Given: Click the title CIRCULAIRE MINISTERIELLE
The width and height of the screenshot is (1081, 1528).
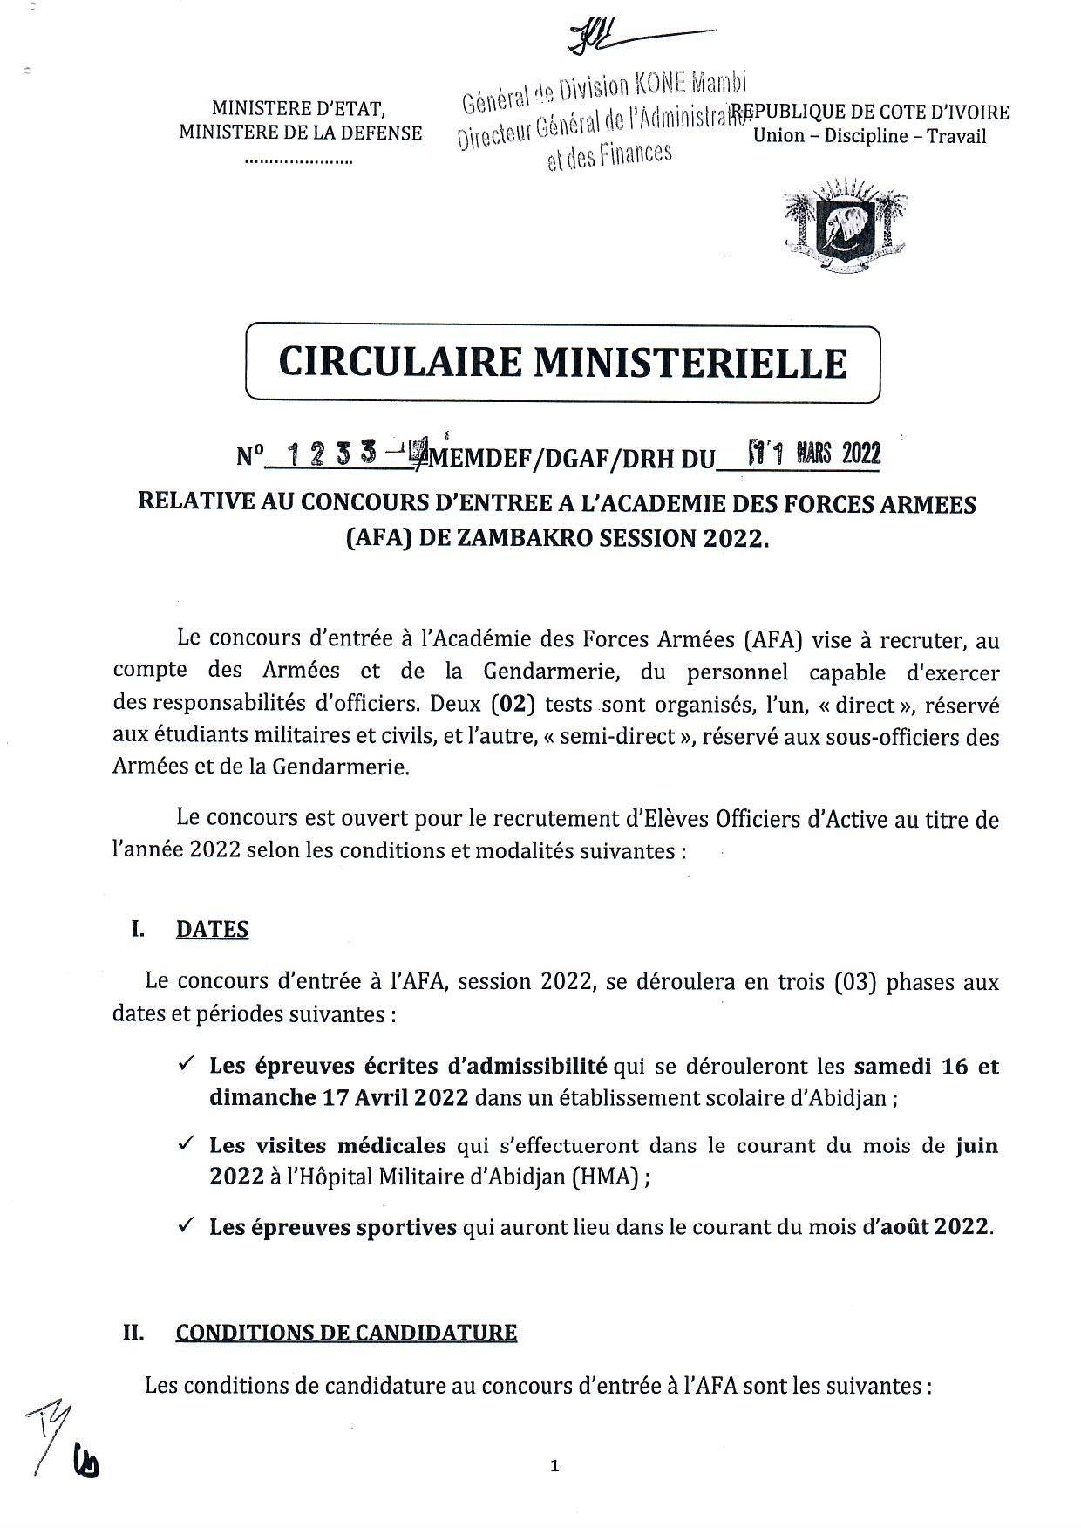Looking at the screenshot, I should coord(562,363).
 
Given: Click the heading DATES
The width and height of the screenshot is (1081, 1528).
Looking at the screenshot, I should coord(212,929).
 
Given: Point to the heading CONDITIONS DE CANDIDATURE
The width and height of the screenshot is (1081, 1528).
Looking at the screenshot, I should coord(346,1333).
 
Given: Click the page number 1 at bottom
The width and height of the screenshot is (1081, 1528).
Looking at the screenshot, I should coord(554,1467).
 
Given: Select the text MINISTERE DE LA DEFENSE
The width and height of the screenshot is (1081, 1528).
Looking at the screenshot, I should coord(300,133).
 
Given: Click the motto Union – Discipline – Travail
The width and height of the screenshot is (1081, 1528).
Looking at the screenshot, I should coord(869,136).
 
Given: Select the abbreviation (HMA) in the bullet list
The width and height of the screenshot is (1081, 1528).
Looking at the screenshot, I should coord(608,1177).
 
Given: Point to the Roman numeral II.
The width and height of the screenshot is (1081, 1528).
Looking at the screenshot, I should coord(133,1333).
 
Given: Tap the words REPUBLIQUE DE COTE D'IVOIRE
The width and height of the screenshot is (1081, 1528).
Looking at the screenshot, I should coord(870,113).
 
